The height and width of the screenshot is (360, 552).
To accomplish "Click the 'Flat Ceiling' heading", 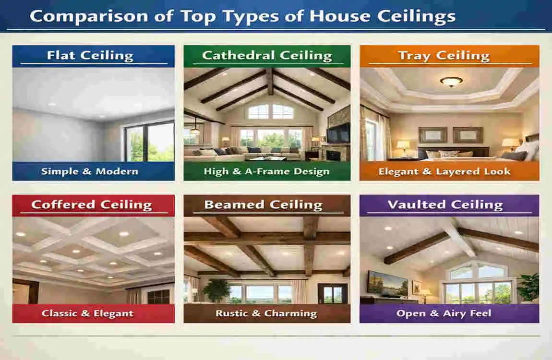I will click(90, 55).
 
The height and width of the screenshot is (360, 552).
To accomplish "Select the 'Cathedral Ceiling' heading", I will click(267, 55).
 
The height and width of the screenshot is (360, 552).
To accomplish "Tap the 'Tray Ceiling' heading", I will click(444, 55).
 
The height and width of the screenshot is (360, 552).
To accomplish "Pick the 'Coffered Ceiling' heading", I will click(91, 204).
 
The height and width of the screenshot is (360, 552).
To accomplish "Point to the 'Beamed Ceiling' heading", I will click(263, 204).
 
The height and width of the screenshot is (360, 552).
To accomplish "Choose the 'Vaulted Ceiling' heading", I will click(445, 204).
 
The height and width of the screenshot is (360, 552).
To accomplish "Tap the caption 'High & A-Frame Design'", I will click(266, 171).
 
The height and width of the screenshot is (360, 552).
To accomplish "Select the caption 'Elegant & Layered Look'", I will click(444, 171).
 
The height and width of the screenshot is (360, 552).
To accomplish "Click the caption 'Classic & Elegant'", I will click(87, 313).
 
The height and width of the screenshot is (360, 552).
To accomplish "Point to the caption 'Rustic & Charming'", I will click(266, 313).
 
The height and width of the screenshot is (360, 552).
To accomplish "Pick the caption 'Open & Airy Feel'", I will click(444, 313).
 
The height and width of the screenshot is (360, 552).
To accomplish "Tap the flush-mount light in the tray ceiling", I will click(451, 81).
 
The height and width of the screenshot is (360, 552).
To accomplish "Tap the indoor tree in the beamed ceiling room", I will click(217, 290).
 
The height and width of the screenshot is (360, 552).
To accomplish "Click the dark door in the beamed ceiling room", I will click(333, 293).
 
